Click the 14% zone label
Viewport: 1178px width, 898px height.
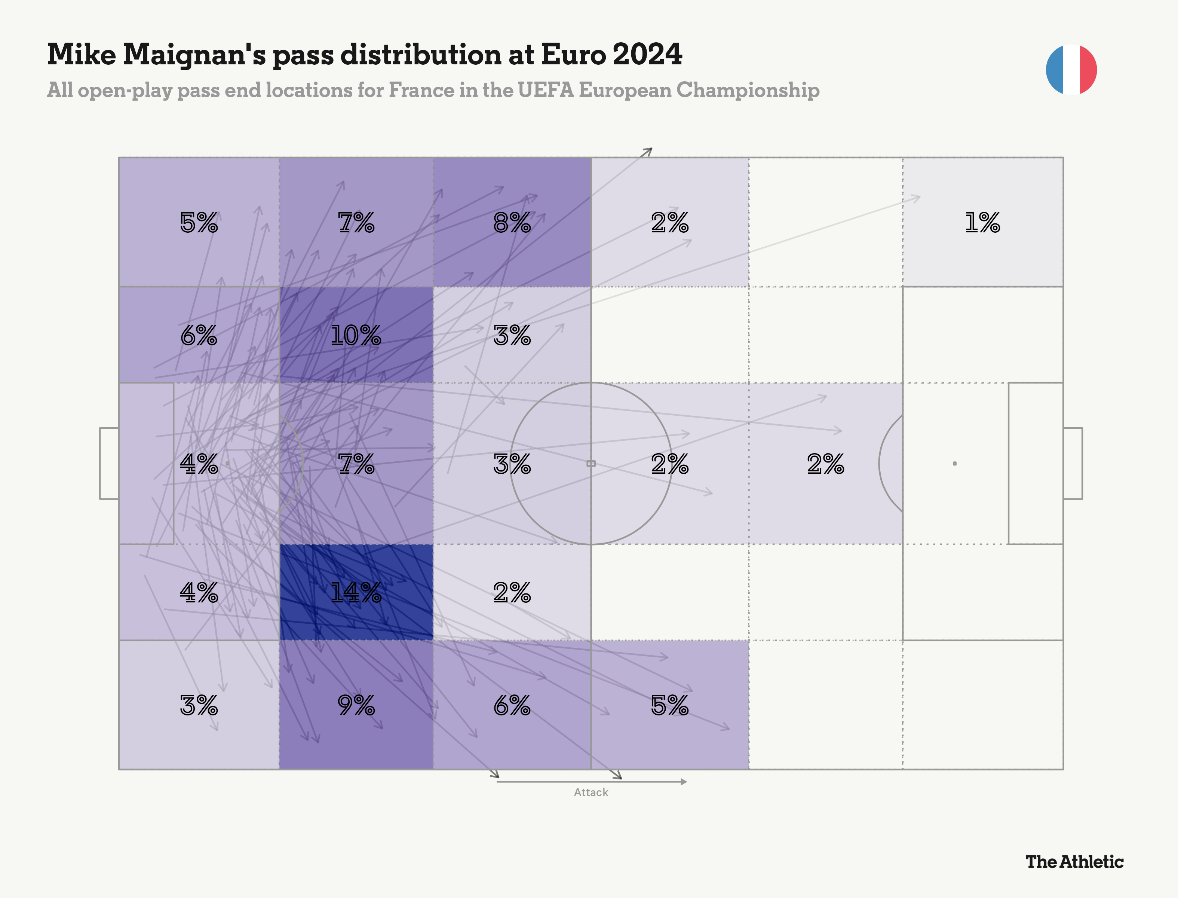[x=356, y=593]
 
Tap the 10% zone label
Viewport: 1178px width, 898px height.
[x=356, y=336]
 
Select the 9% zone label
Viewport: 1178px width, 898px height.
[x=356, y=706]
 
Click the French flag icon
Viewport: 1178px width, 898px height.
[x=1071, y=70]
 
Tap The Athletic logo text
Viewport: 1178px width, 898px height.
[x=1074, y=862]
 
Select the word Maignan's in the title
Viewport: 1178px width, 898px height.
[x=194, y=55]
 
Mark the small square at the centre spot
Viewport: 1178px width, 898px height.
[x=591, y=464]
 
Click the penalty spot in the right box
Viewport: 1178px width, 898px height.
[x=955, y=464]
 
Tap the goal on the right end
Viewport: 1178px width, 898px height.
[x=1073, y=464]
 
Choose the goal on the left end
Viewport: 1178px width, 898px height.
[x=109, y=464]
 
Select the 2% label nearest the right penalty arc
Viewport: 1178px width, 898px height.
[x=825, y=464]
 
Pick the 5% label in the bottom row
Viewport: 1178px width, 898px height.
[x=669, y=706]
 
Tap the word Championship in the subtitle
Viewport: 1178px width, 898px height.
[x=748, y=90]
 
